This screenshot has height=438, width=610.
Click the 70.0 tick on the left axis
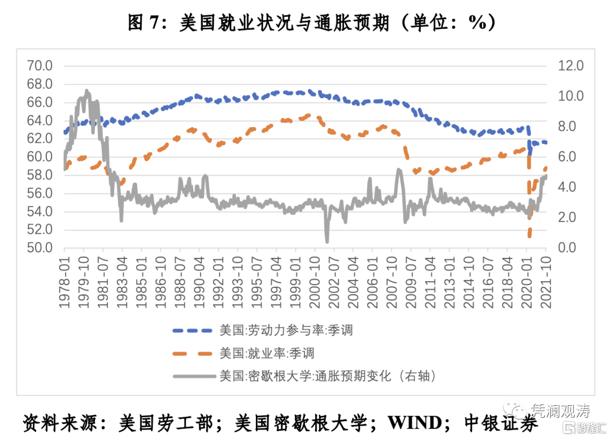40,66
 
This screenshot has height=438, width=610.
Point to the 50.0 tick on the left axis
40,248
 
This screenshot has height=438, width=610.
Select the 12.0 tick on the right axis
570,66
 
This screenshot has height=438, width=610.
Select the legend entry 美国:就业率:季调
266,354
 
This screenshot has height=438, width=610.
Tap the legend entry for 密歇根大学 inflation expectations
328,376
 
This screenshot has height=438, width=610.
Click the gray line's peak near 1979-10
86,90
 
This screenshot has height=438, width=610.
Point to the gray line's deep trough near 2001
327,241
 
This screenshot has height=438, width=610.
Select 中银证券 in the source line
500,422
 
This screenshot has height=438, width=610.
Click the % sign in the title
476,23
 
